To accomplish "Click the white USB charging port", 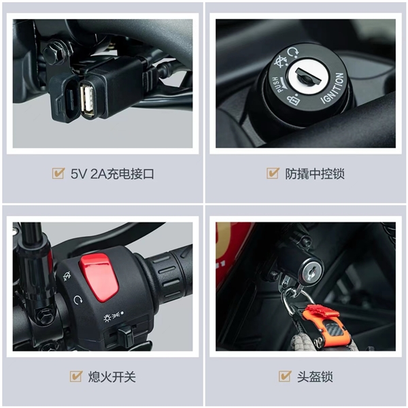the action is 88,99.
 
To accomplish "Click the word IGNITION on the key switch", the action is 334,88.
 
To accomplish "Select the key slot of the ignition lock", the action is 308,76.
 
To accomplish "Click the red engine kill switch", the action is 99,277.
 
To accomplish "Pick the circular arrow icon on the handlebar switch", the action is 78,300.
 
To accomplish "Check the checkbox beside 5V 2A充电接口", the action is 58,173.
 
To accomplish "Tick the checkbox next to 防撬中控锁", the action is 273,173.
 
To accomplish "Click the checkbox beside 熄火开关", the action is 76,376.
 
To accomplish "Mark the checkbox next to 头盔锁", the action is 285,376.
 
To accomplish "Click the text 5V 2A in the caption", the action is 88,174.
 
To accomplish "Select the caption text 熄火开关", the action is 112,377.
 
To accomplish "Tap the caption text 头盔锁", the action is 315,377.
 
